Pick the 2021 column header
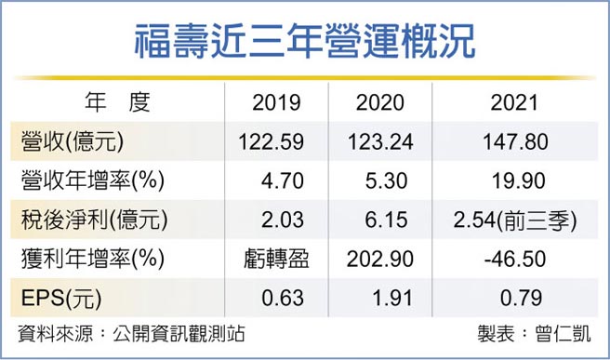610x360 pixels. click(517, 103)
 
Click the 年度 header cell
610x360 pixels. click(117, 102)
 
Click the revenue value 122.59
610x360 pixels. click(276, 142)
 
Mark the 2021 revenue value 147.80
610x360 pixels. click(516, 142)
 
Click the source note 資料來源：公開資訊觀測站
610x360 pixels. click(132, 335)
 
